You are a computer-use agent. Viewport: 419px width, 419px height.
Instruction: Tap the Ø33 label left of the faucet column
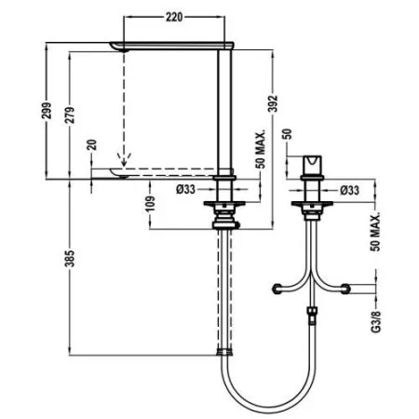pyautogui.click(x=185, y=191)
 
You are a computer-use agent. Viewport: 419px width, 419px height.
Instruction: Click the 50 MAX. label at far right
pyautogui.click(x=376, y=228)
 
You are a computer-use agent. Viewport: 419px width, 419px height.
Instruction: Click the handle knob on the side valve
pyautogui.click(x=311, y=165)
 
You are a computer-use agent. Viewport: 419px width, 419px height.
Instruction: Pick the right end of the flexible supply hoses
pyautogui.click(x=351, y=291)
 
